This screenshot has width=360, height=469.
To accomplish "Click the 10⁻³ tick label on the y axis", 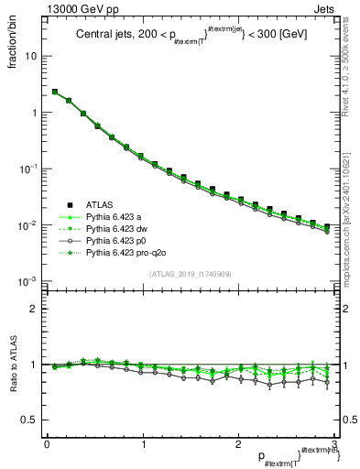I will coord(27,281).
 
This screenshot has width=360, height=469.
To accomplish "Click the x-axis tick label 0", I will coord(46,443).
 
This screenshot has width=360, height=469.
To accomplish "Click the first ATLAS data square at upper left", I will coord(55,92).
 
